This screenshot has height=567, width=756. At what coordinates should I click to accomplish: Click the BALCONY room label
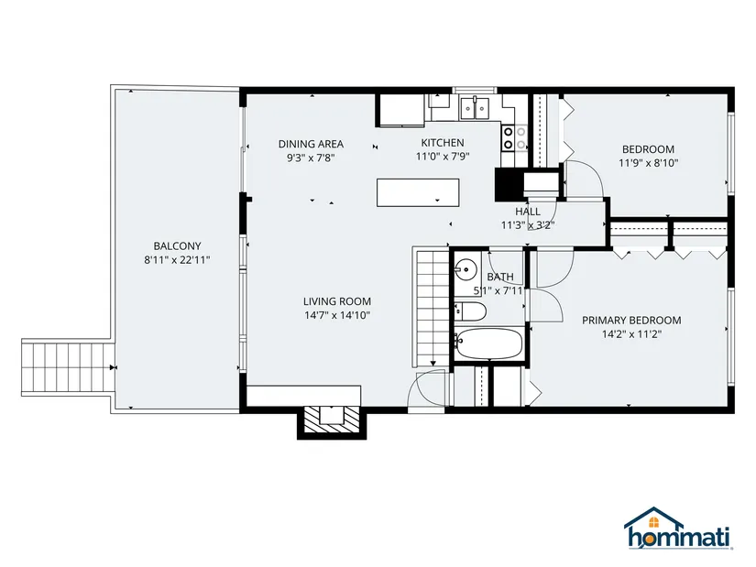pos(177,245)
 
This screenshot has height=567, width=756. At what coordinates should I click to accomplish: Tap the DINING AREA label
pos(311,144)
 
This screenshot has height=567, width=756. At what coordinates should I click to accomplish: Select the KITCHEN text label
pos(443,143)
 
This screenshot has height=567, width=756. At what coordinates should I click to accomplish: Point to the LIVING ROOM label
pos(337,301)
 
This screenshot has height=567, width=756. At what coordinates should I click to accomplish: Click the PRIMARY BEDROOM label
pos(631,321)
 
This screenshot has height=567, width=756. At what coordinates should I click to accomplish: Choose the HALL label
pos(528,212)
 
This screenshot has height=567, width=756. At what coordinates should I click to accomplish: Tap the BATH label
pos(500,277)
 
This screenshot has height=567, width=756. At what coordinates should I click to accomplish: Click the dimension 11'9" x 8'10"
pos(649,163)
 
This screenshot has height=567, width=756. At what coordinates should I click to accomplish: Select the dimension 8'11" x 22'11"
pos(177,260)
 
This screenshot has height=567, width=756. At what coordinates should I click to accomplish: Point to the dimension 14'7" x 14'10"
pos(337,315)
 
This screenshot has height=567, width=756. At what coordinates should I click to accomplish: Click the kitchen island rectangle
pos(418,193)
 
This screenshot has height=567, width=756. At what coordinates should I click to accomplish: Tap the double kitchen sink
pos(475,108)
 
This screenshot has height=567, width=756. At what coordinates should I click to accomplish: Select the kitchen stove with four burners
pos(514,138)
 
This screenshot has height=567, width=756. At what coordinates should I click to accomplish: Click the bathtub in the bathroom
pos(489,343)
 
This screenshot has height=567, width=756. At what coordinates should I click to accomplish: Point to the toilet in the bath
pos(470,311)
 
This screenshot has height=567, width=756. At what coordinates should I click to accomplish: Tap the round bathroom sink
pos(466,268)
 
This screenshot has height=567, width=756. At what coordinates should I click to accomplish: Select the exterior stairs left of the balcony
pos(68,367)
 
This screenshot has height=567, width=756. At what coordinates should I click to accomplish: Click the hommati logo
pos(677,529)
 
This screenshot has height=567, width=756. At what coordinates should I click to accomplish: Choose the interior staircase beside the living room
pos(431,307)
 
